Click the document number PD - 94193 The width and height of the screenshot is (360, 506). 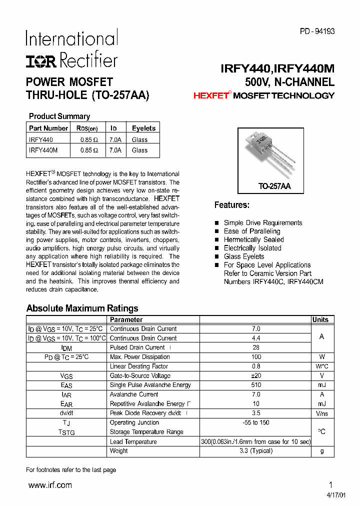point(317,31)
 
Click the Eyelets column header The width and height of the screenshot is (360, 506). point(143,128)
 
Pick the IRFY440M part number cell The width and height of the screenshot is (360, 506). point(43,150)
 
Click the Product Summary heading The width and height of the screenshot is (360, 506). point(59,116)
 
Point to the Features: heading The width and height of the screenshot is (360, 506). point(232,205)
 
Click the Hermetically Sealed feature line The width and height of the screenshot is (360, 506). point(253,239)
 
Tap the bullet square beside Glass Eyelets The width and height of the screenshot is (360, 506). point(217,257)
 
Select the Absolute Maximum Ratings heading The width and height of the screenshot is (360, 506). point(82,308)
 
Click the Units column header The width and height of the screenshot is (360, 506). point(320,320)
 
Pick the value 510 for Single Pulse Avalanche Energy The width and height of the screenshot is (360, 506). point(256,385)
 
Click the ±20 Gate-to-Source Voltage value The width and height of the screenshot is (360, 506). point(256,375)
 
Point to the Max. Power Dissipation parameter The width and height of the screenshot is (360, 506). point(139,357)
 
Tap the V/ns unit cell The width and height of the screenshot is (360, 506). point(322,413)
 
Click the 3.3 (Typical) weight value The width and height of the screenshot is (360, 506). point(256,450)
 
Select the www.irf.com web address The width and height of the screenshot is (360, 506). point(50,485)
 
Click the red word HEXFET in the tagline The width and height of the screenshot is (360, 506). point(210,95)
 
